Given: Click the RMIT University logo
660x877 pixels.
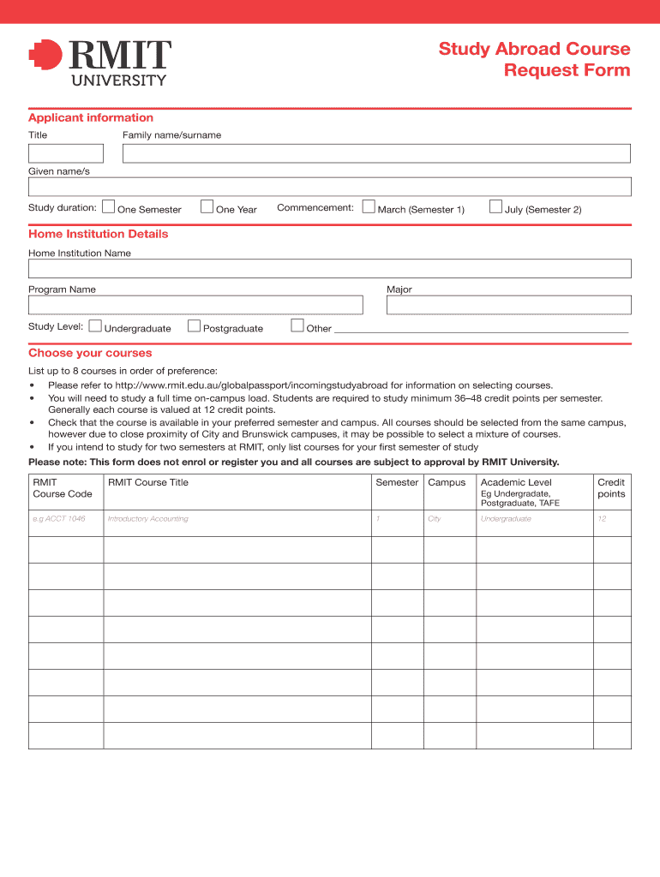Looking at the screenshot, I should (99, 62).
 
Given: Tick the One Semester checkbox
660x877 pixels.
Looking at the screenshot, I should (108, 206).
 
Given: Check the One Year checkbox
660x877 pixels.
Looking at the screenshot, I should (207, 206).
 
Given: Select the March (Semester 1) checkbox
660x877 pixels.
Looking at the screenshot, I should (369, 206).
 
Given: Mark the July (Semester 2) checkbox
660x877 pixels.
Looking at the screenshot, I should (495, 206).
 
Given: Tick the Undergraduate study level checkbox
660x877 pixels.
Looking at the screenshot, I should (95, 325).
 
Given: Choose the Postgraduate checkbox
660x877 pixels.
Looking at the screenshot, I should (194, 325).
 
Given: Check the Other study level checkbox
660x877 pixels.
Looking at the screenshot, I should (297, 325).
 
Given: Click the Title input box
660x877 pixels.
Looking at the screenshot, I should (66, 153).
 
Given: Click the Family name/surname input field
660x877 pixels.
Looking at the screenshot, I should (376, 153).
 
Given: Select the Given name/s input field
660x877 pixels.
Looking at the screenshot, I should (330, 187).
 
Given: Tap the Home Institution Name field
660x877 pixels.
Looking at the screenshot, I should (330, 268).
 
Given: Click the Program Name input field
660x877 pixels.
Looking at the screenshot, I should (195, 305).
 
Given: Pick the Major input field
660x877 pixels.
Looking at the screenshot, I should (508, 305).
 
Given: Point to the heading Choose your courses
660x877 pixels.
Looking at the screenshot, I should (90, 353).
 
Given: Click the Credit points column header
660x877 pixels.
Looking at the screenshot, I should (611, 488).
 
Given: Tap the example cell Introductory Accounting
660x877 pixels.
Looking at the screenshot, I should (148, 519).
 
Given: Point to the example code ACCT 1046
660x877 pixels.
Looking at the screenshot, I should (59, 519).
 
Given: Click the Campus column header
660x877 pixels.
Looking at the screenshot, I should (447, 483).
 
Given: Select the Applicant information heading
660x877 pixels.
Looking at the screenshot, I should (91, 118).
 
